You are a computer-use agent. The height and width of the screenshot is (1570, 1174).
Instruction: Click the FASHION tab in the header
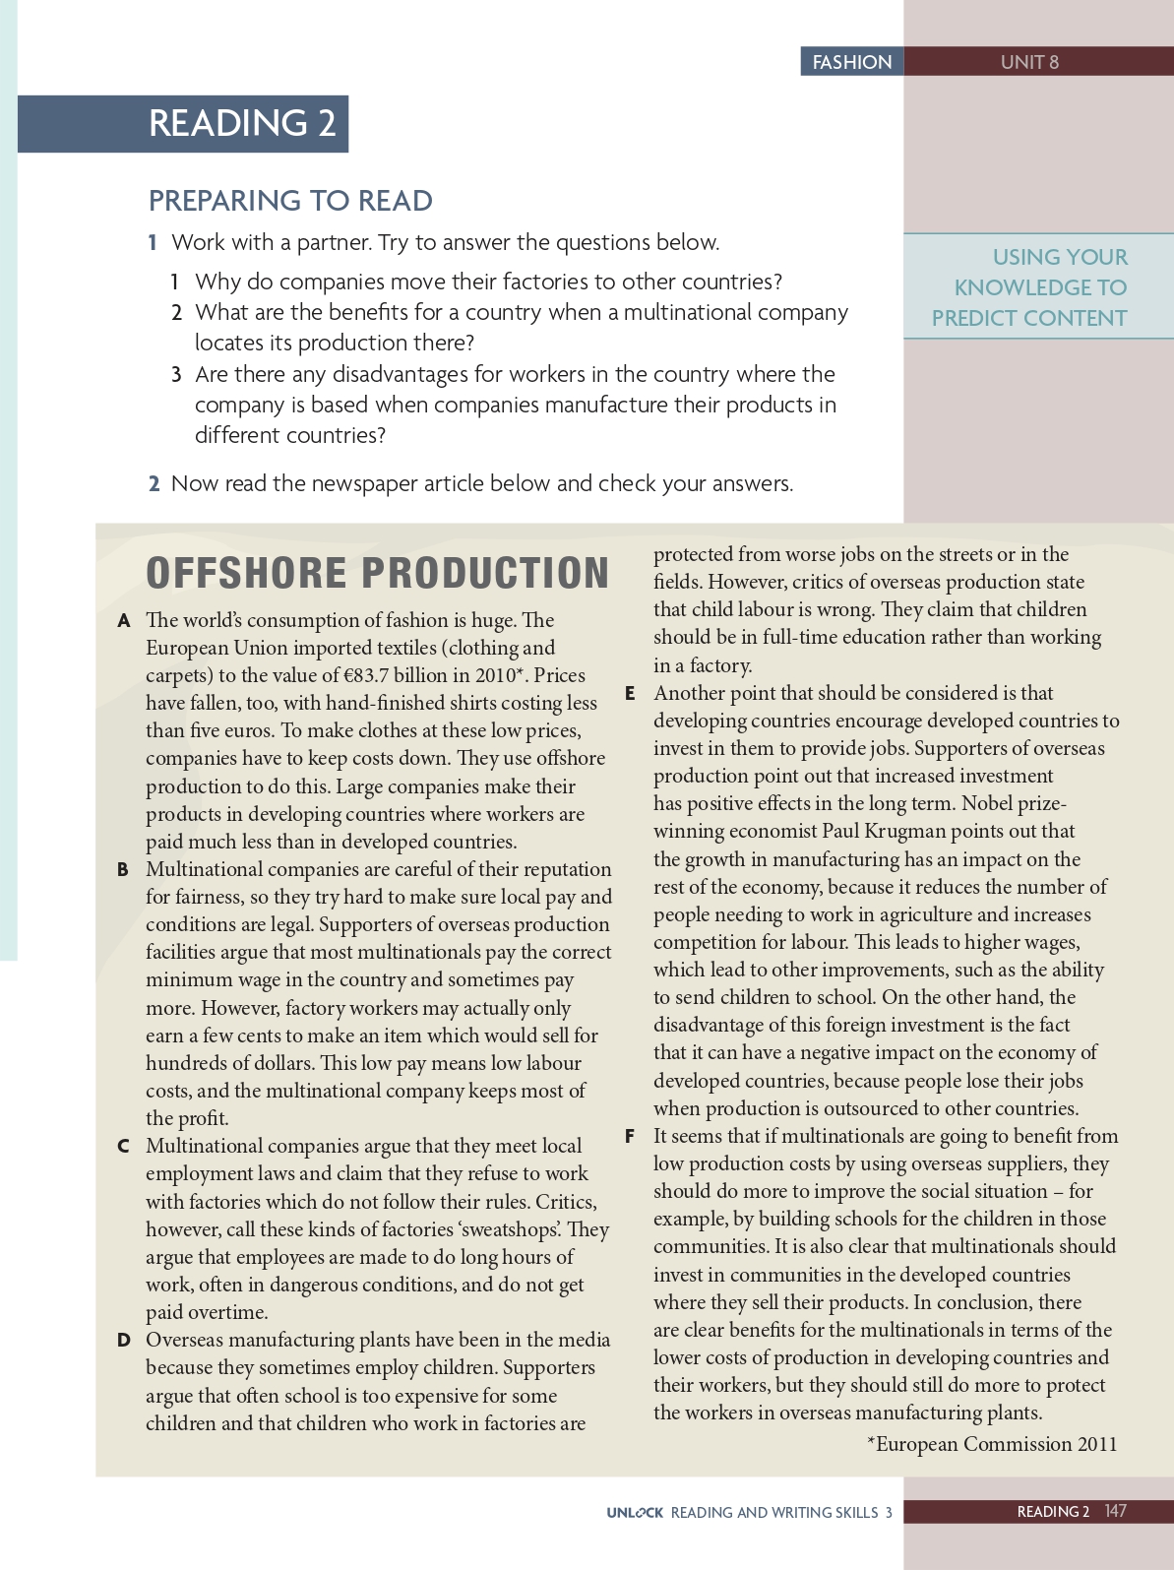pyautogui.click(x=851, y=62)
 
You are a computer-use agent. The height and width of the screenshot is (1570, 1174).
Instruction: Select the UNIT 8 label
pyautogui.click(x=1029, y=62)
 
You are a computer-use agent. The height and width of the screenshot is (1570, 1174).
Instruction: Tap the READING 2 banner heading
pyautogui.click(x=242, y=123)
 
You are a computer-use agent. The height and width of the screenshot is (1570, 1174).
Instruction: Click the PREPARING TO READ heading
pyautogui.click(x=290, y=201)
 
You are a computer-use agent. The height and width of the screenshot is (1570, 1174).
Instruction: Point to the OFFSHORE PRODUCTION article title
pyautogui.click(x=378, y=573)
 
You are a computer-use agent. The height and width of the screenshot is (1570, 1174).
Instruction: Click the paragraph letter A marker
pyautogui.click(x=124, y=621)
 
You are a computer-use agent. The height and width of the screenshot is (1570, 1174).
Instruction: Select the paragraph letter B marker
pyautogui.click(x=123, y=870)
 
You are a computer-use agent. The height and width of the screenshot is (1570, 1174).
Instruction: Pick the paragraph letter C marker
pyautogui.click(x=124, y=1147)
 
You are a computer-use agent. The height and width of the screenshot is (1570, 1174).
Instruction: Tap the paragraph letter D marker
pyautogui.click(x=124, y=1341)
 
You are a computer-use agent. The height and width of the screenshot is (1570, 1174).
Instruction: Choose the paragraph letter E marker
pyautogui.click(x=630, y=694)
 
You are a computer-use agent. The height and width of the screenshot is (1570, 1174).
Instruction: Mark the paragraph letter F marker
pyautogui.click(x=630, y=1137)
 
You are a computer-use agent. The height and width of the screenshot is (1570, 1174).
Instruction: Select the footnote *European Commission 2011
pyautogui.click(x=992, y=1444)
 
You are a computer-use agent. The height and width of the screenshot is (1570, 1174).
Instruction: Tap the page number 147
pyautogui.click(x=1115, y=1511)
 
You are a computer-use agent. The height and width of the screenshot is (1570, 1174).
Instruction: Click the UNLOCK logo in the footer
pyautogui.click(x=635, y=1513)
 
